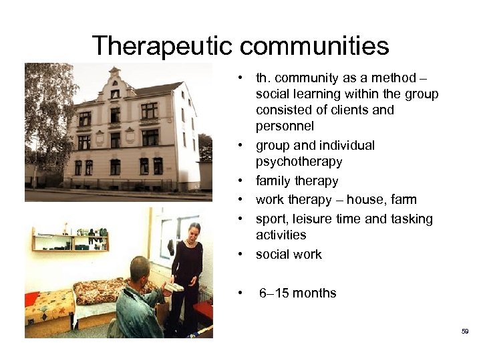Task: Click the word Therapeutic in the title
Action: coord(162,46)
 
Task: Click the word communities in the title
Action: coord(314,46)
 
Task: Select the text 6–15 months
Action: coord(297,293)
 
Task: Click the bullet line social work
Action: coord(289,254)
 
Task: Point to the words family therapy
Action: coord(297,180)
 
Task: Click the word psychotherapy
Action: coord(299,161)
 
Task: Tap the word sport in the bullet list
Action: coord(271,219)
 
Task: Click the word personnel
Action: coord(285,126)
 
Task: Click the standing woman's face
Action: coord(193,231)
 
